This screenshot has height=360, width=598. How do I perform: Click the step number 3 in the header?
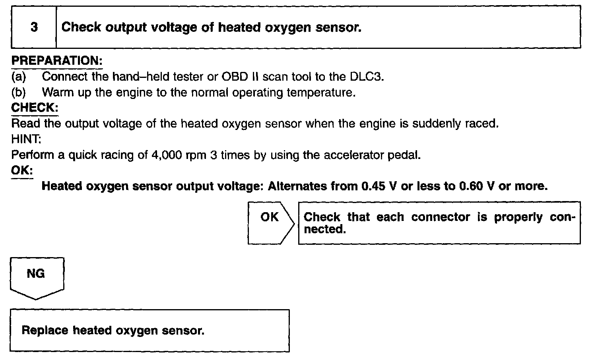[34, 27]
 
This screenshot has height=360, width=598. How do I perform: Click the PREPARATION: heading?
[57, 61]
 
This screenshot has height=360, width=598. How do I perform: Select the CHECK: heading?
[35, 108]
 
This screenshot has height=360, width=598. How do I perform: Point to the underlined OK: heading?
[22, 170]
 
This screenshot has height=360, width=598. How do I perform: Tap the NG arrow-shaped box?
[36, 277]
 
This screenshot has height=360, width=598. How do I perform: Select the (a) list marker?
[18, 76]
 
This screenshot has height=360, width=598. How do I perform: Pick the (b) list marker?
[18, 92]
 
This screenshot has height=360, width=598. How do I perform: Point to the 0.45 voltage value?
[373, 186]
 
